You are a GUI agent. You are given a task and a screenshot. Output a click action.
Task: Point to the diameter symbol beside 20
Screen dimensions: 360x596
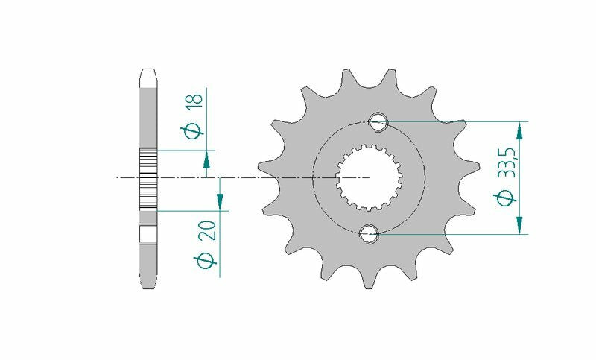click(209, 260)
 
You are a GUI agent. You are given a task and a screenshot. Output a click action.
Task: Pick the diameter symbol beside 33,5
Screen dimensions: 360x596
click(507, 198)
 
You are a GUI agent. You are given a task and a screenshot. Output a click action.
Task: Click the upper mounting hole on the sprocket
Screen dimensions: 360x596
click(378, 121)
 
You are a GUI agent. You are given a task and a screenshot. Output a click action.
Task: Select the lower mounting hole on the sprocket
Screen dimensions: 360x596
click(368, 234)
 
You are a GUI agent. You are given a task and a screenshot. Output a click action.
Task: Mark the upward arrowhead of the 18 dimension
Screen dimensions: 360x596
click(206, 159)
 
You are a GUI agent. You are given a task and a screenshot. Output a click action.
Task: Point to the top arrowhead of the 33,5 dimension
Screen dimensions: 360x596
click(519, 130)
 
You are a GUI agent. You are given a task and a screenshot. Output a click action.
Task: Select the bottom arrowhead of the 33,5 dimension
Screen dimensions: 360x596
click(519, 224)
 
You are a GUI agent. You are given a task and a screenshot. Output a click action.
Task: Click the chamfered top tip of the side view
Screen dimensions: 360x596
click(148, 75)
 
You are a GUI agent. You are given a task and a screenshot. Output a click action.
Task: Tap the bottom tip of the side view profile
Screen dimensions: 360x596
click(148, 282)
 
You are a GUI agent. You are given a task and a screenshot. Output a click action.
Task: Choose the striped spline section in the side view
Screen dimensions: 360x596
click(148, 179)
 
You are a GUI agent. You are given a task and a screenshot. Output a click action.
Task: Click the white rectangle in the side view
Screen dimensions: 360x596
click(148, 233)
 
